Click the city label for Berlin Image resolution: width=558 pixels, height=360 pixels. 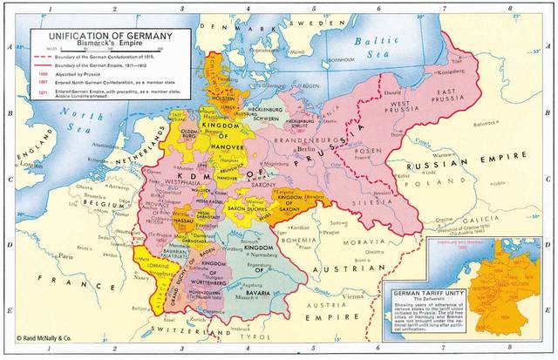pyautogui.click(x=304, y=149)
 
